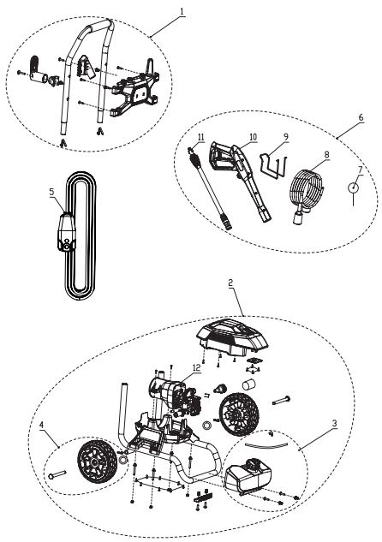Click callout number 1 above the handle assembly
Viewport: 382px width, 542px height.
click(x=182, y=11)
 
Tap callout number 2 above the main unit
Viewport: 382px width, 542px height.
click(x=230, y=283)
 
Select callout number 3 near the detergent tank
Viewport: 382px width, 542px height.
click(x=334, y=424)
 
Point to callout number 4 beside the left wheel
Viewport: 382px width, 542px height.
click(x=41, y=425)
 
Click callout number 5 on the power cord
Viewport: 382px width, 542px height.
click(x=52, y=192)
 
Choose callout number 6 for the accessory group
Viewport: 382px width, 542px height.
click(x=361, y=117)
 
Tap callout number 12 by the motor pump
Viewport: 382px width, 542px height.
click(x=196, y=368)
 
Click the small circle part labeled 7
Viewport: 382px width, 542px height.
click(x=353, y=188)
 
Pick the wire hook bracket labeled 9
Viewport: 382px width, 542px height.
click(x=274, y=167)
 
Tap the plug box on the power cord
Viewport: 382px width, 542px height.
click(x=66, y=233)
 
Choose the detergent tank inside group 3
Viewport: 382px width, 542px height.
click(x=248, y=476)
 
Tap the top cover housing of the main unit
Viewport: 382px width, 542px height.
click(x=232, y=337)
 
